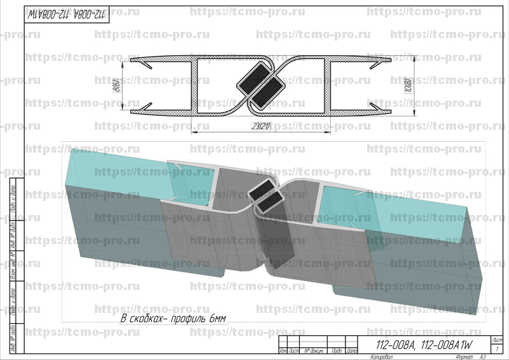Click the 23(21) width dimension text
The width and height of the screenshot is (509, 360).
click(x=260, y=127)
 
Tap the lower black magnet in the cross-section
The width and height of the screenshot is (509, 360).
click(x=269, y=93)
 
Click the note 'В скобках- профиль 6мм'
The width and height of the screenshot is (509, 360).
click(x=173, y=317)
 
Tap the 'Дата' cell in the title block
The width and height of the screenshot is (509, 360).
click(x=353, y=351)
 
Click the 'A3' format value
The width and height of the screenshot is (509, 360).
click(x=483, y=357)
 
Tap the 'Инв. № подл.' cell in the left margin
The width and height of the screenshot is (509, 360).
click(x=13, y=338)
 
